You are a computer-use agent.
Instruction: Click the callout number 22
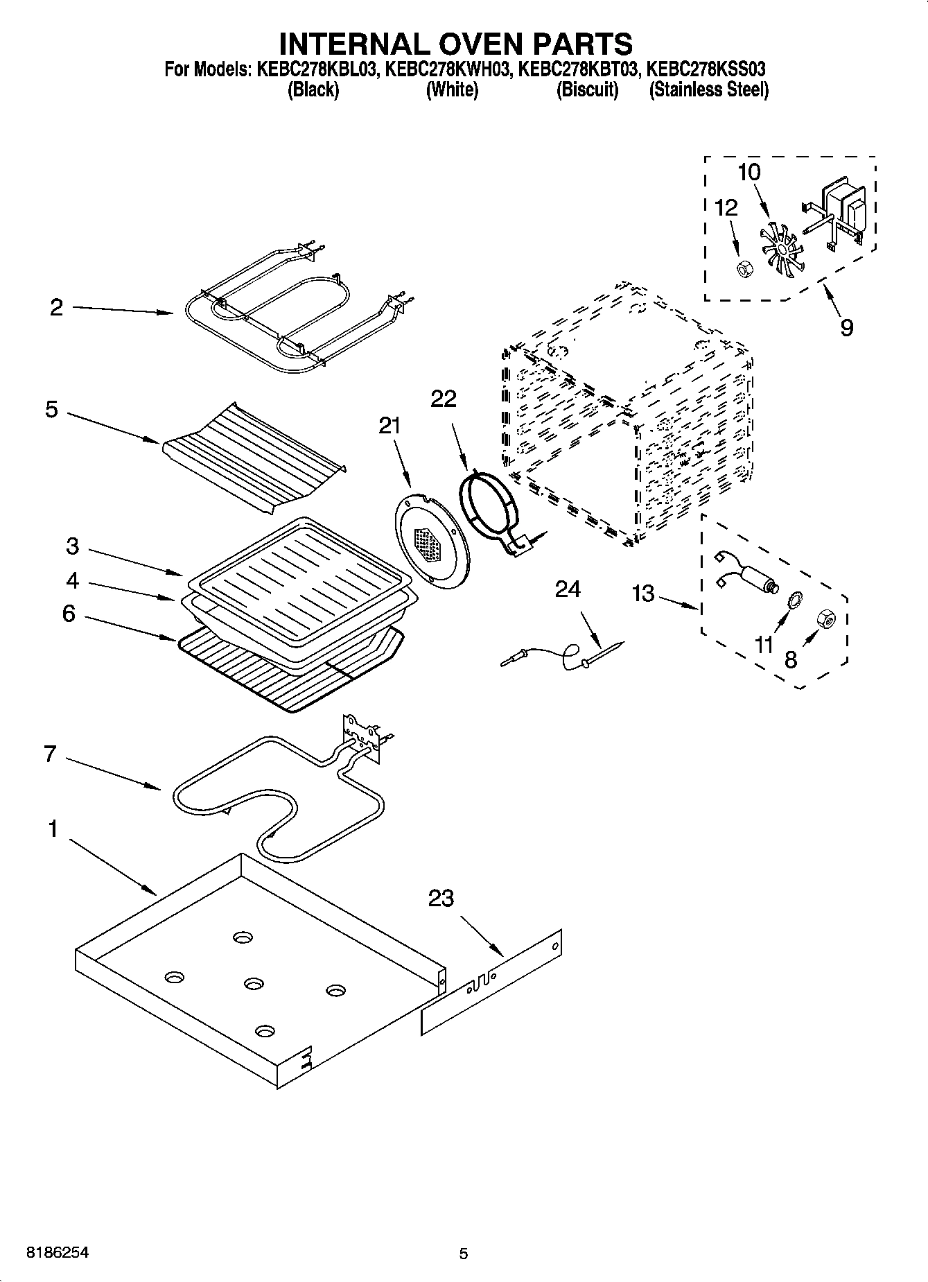(444, 399)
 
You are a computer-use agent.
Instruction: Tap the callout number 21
(390, 425)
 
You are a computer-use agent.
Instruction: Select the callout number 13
(643, 594)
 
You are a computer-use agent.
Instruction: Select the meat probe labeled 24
(561, 656)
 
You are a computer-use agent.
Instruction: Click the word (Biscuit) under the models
(587, 90)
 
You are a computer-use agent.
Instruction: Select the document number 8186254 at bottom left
(58, 1253)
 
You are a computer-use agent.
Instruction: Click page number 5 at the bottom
(464, 1253)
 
